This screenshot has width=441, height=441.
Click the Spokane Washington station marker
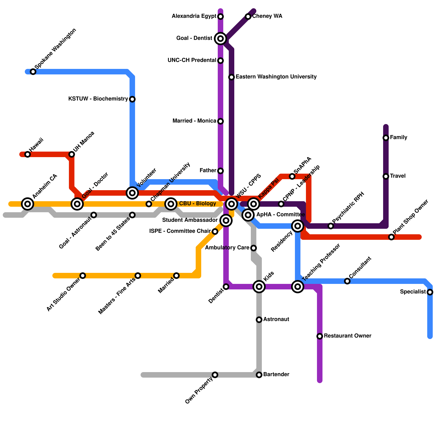coord(33,72)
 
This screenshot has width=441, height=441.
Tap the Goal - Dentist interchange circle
coord(220,39)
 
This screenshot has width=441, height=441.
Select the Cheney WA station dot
coord(248,17)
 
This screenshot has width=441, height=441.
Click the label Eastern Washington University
coord(276,77)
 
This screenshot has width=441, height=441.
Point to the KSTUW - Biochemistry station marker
coord(132,99)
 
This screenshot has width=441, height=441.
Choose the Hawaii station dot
coord(28,154)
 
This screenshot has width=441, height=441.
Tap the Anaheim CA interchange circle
coord(28,204)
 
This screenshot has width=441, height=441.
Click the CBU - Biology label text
coord(197,204)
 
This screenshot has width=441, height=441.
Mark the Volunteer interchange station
coord(132,193)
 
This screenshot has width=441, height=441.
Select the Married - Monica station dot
coord(220,121)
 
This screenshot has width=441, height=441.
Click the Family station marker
coord(386,138)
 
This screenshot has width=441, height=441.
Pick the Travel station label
coord(398,176)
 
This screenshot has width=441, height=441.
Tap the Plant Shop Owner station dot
coord(391,237)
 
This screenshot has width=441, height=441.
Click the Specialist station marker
coord(430,292)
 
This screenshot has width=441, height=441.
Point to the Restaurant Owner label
coord(348,336)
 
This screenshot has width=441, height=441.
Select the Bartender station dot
coord(259,375)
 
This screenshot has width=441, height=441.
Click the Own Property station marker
coord(215,375)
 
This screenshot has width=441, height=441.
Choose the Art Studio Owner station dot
coord(83,276)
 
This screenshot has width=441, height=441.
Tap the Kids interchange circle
coord(259,287)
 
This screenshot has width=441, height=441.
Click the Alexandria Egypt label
coord(194,16)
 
